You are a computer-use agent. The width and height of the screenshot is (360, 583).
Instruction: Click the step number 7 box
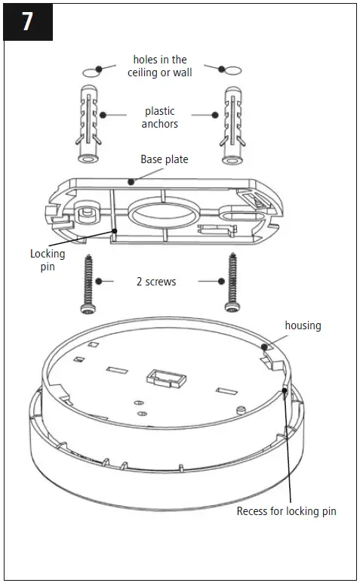pos(27,21)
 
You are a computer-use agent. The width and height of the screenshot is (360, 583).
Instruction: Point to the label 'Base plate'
pos(165,160)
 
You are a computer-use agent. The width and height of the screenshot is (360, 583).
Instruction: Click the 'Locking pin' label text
pos(48,260)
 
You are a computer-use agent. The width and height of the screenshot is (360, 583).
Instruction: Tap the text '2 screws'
pos(156,282)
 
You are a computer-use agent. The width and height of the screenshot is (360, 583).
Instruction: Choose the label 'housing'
pos(303,325)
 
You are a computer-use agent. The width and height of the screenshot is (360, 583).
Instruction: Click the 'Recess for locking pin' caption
pos(286,511)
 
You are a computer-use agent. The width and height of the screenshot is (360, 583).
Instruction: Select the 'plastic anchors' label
pos(159,117)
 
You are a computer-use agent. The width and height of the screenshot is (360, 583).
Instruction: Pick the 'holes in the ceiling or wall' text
pos(160,66)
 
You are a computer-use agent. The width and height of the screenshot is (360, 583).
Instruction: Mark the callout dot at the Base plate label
pos(131,181)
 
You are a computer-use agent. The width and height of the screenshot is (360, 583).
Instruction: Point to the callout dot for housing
pos(265,347)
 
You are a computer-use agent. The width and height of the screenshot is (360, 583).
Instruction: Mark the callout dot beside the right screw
pos(221,282)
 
